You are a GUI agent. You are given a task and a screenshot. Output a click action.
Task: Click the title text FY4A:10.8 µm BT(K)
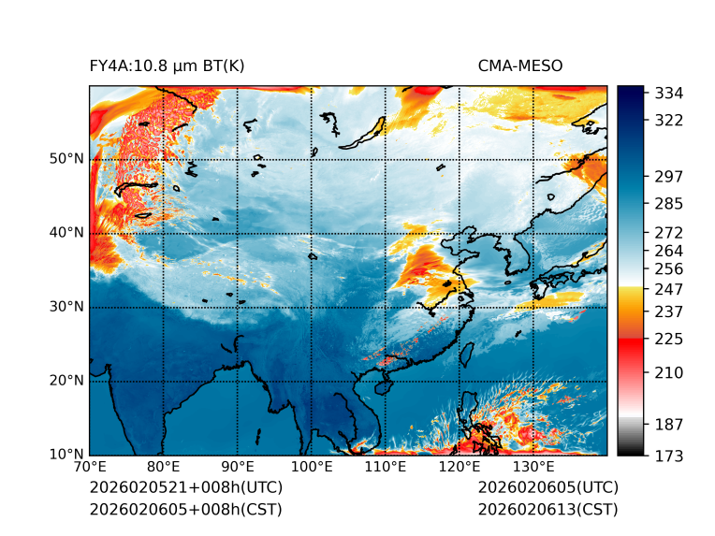pos(167,65)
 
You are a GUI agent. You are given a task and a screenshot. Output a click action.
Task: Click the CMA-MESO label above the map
pos(519,65)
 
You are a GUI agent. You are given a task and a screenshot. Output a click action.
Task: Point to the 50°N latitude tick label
pos(66,158)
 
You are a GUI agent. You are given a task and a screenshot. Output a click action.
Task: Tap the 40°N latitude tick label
pos(66,233)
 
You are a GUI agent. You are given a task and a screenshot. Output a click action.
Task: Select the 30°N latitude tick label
pos(66,307)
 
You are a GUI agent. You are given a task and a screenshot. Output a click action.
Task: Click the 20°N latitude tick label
pos(66,381)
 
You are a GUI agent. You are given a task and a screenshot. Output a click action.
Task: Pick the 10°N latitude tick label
pos(66,455)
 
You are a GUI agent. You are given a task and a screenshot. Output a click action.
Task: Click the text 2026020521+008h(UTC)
pos(185,487)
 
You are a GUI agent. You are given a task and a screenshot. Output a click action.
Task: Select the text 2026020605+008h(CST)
pos(185,509)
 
